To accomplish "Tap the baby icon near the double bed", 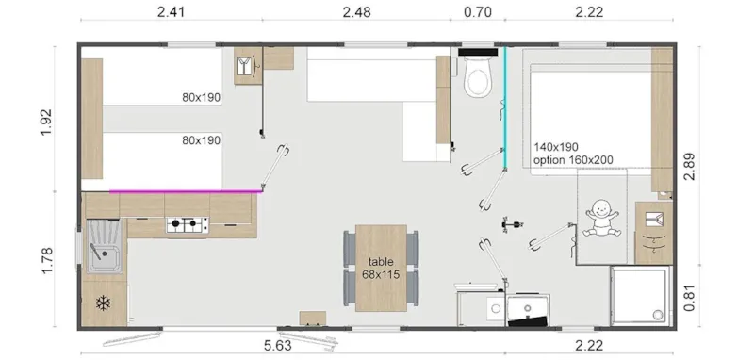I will tap(601, 220).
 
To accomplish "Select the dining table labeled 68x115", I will tap(381, 268).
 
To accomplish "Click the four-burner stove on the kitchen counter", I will tap(187, 224).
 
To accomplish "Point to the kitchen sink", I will tap(102, 248).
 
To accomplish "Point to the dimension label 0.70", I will tap(479, 12).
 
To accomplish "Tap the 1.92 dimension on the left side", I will tap(46, 122).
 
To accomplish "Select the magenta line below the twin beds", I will tap(184, 190).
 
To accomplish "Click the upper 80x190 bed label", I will tap(201, 97).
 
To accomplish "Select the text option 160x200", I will tap(574, 161).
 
